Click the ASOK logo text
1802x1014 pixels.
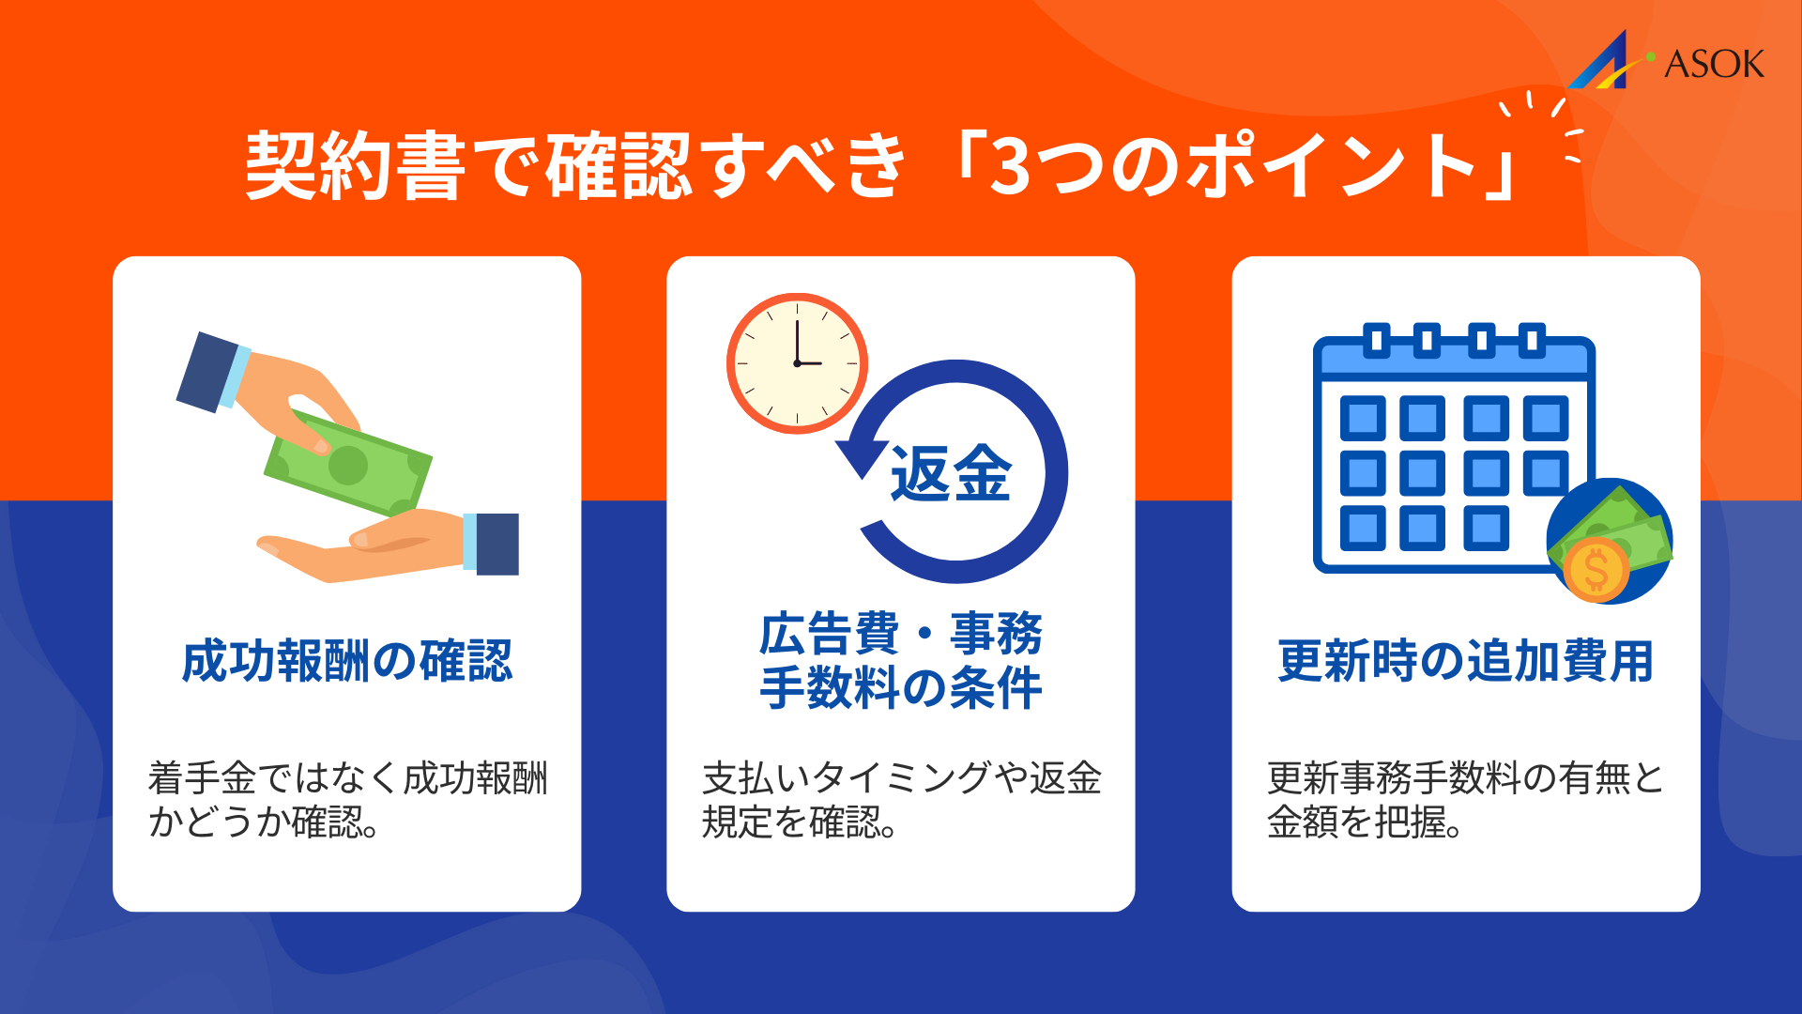point(1714,64)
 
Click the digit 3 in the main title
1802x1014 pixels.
point(1010,167)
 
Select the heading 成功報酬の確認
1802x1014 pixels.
point(347,661)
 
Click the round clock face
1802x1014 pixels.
point(797,363)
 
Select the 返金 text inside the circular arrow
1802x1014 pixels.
point(951,473)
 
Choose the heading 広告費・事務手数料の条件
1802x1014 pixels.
point(901,660)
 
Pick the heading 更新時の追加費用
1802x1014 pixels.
point(1465,661)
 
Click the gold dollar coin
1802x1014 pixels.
point(1595,569)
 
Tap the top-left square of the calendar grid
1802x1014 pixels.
point(1363,418)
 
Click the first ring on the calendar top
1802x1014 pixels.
point(1376,340)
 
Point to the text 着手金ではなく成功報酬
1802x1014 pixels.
point(347,778)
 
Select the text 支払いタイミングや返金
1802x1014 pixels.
point(901,778)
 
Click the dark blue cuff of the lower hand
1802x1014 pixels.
point(496,544)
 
